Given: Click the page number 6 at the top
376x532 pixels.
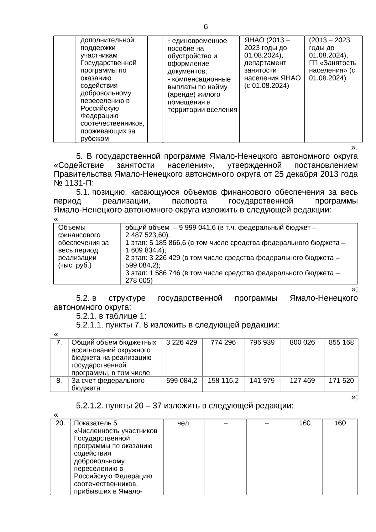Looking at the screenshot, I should (206, 27).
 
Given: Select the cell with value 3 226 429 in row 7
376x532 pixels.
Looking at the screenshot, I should (181, 342).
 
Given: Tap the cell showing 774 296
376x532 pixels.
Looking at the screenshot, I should (223, 342).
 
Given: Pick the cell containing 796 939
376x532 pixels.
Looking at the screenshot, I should (262, 342).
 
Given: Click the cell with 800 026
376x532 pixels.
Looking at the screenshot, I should (302, 342).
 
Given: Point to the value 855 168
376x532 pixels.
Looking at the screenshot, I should (341, 342).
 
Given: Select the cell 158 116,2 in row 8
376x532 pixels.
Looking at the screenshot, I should (223, 381).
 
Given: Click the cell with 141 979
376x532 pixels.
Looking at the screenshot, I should (262, 381).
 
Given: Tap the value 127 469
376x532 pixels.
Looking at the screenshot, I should (302, 381).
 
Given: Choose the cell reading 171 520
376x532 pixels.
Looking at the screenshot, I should (341, 381).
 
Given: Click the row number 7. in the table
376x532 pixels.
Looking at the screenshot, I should (59, 342).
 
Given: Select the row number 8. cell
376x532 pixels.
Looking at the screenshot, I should (59, 381).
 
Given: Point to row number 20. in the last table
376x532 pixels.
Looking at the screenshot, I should (60, 423).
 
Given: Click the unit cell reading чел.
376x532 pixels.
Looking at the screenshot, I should (184, 423).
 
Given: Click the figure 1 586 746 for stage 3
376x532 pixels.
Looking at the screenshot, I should (164, 273).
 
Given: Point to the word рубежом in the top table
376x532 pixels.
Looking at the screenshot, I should (95, 139).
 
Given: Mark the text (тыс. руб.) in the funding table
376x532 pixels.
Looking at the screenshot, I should (75, 266).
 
